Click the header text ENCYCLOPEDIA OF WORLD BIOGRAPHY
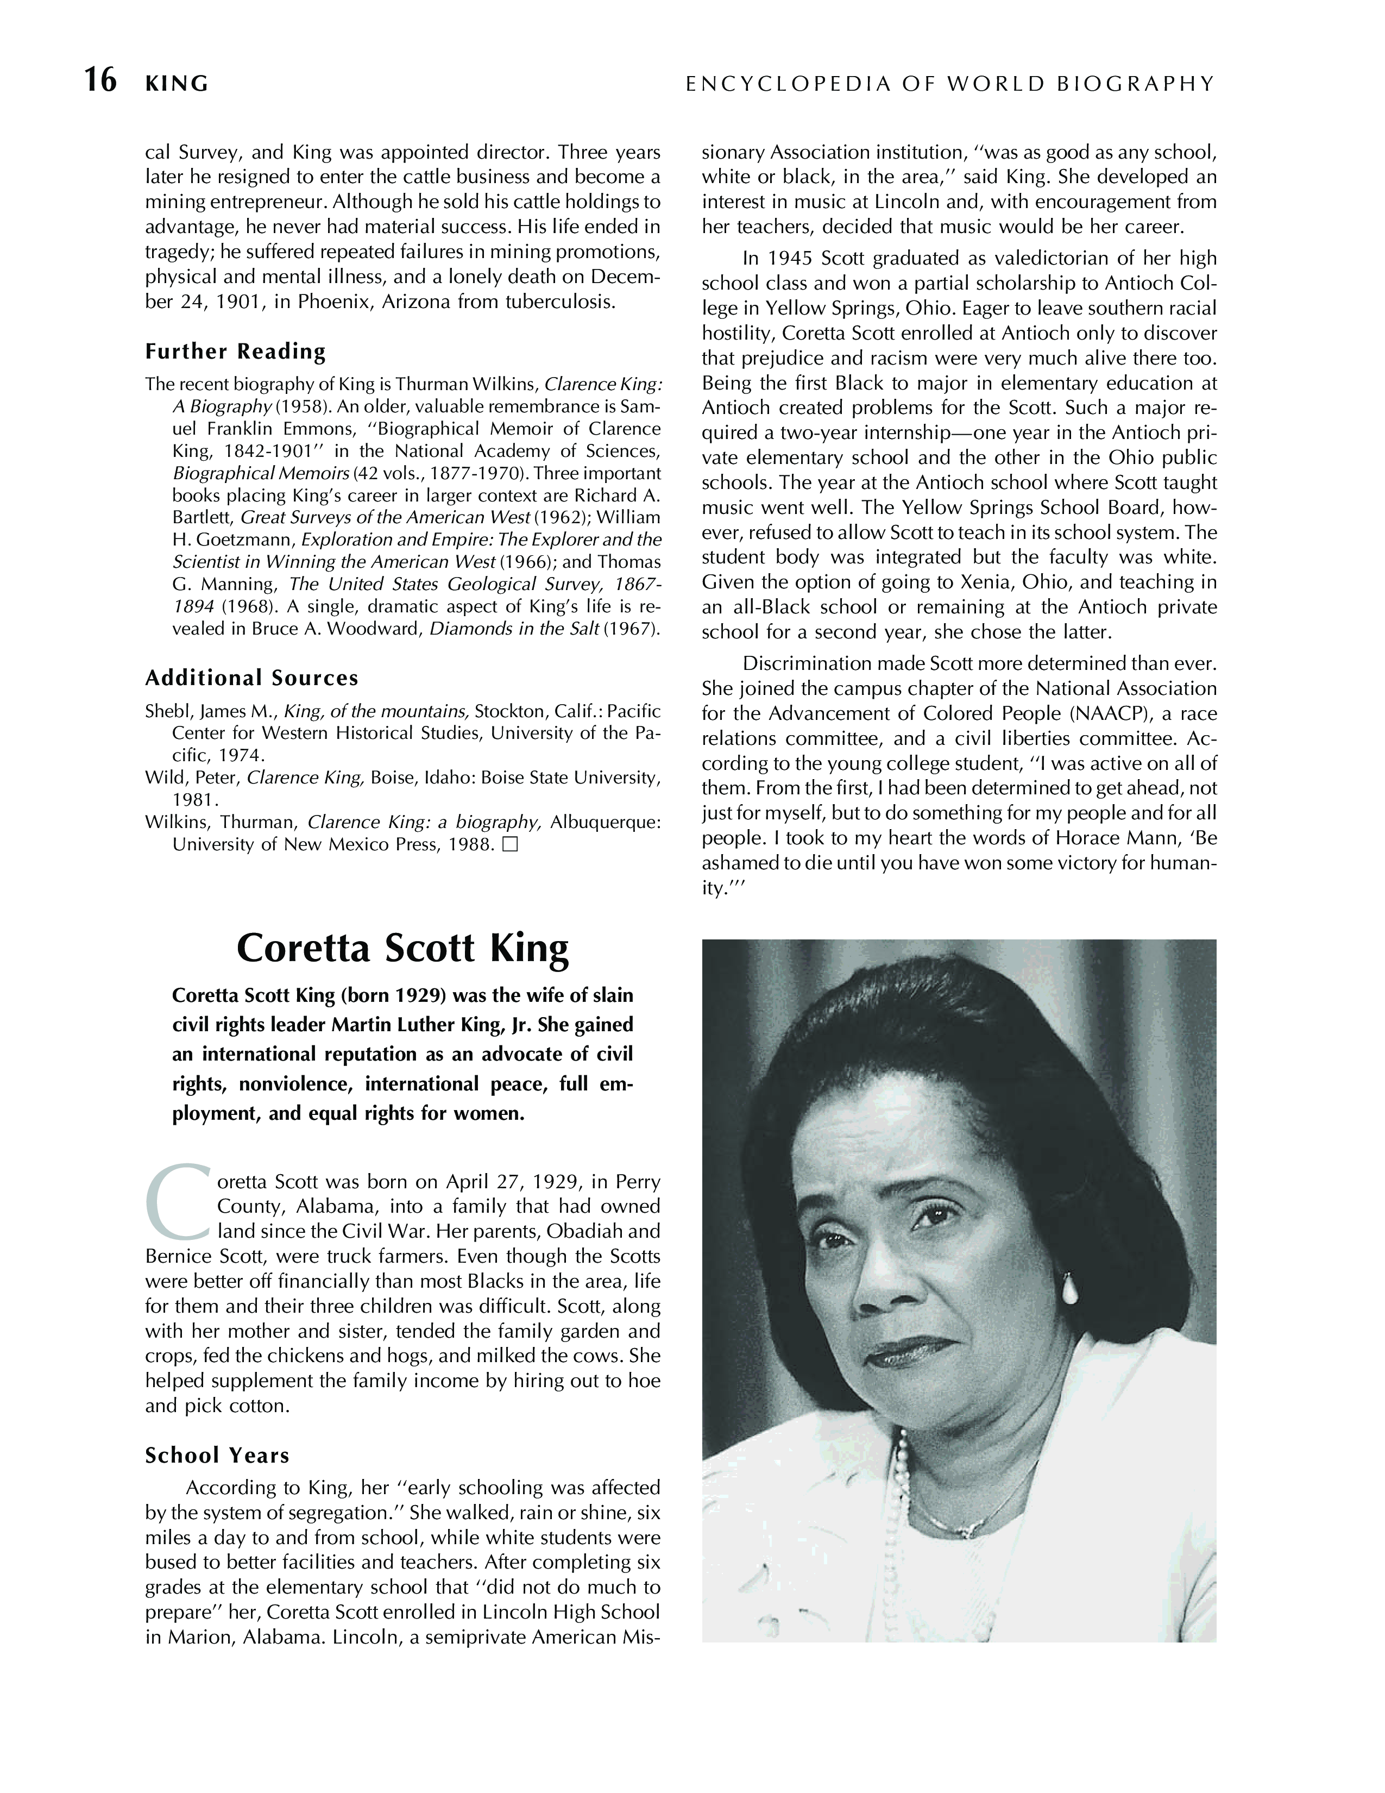tap(949, 84)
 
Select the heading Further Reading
tap(236, 352)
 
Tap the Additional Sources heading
tap(252, 678)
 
